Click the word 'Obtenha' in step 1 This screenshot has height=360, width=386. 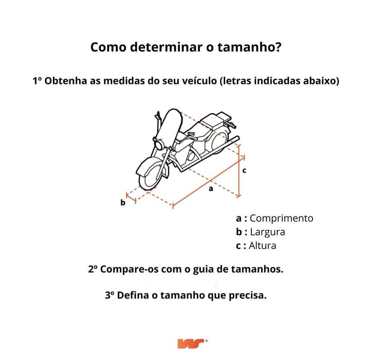[x=65, y=81]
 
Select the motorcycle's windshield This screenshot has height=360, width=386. [x=170, y=126]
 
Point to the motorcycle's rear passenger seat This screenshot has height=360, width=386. [x=213, y=121]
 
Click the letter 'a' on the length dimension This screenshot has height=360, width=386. [x=210, y=189]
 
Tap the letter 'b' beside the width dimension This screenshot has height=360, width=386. [x=123, y=203]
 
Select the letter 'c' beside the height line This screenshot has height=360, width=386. [x=245, y=170]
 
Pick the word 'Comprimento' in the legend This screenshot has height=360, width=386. [x=281, y=218]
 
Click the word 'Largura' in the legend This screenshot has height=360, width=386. [x=267, y=232]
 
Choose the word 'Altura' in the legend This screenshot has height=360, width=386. [x=262, y=245]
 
